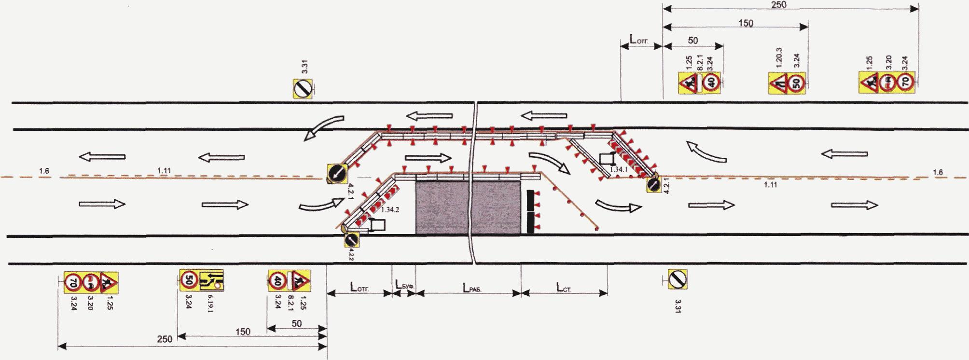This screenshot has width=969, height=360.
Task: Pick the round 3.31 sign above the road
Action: [x=303, y=89]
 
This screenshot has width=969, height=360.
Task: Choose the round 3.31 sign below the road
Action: [x=678, y=279]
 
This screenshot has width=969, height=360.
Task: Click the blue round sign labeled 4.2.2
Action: [x=351, y=240]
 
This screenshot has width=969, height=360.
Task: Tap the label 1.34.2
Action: [x=390, y=210]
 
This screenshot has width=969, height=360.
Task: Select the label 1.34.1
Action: [x=618, y=169]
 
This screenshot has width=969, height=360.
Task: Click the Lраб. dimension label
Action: [x=472, y=289]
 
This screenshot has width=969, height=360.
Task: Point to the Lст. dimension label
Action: [x=564, y=288]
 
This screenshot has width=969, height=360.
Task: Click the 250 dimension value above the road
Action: [x=778, y=5]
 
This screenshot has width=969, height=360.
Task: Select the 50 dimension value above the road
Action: [x=693, y=41]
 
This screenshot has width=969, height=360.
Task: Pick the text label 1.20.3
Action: [x=778, y=57]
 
